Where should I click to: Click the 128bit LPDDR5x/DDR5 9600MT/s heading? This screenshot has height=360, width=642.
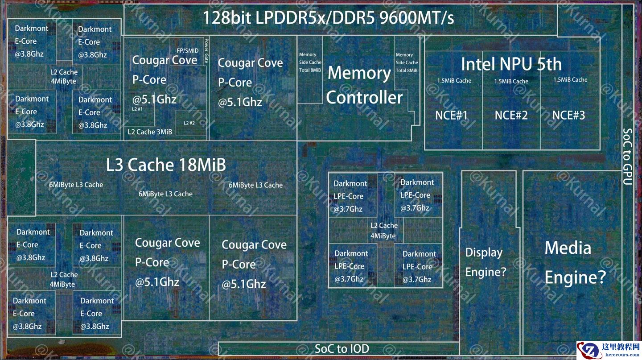pos(328,18)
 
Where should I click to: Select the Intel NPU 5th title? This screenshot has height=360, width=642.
pos(511,64)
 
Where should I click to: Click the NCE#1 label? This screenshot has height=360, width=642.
pos(451,116)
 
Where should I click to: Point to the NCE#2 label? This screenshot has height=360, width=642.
pos(511,116)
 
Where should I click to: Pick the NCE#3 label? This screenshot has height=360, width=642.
pos(568,116)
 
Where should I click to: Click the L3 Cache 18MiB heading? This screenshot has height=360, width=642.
pos(166,165)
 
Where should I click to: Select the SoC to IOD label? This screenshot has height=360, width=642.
pos(342,348)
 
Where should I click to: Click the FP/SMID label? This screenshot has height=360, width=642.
pos(188,51)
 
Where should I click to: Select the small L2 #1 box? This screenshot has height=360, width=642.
pos(137,109)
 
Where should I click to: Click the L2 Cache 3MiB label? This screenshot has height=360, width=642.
pos(150,132)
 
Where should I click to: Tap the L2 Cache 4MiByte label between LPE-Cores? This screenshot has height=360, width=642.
pos(384,231)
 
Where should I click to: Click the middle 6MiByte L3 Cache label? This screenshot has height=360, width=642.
pos(165,194)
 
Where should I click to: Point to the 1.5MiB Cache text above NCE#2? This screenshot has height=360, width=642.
pos(511,81)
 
